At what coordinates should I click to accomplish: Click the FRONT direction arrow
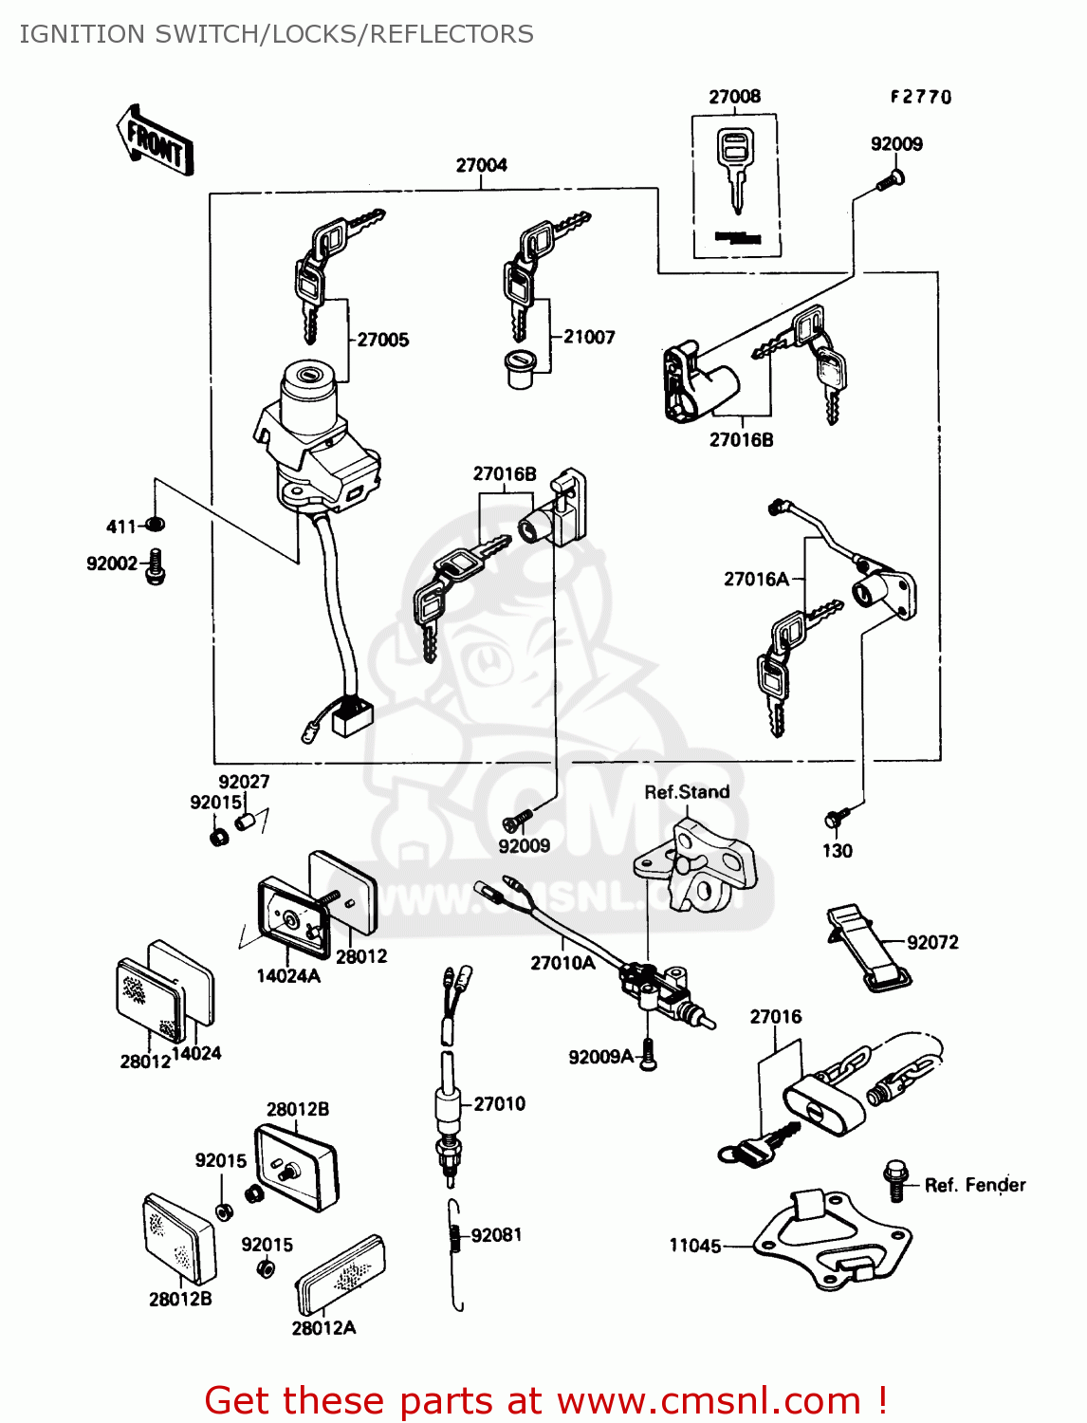156,141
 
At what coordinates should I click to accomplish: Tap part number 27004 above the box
481,165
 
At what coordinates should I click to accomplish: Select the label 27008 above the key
734,97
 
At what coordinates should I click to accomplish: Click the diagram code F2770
920,97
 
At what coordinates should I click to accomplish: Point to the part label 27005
383,340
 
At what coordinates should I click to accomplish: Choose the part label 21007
589,337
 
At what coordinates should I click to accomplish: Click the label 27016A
756,579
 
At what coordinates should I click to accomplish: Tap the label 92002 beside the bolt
112,564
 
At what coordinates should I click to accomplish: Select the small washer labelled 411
157,524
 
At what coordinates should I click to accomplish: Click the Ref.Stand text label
687,792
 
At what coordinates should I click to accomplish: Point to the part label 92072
932,942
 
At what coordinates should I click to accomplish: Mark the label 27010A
562,963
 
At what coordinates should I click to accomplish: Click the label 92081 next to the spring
496,1234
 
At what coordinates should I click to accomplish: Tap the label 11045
695,1246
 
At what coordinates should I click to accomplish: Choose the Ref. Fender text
975,1185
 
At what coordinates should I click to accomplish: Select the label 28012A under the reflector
323,1328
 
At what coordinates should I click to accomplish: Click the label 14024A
288,976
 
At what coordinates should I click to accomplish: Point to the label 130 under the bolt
837,851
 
